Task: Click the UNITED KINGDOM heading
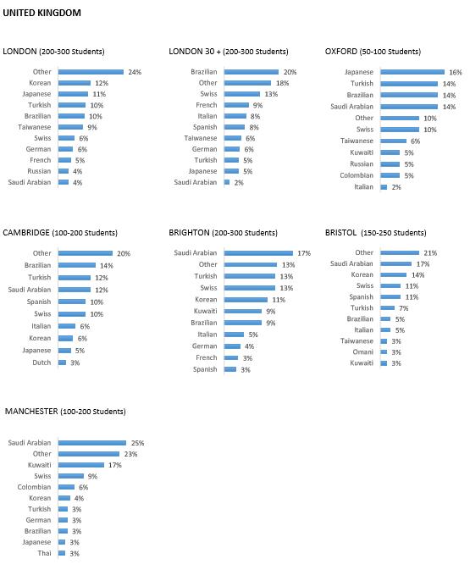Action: tap(41, 13)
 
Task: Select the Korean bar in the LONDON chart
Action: tap(75, 83)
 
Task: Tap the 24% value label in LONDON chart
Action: tap(135, 72)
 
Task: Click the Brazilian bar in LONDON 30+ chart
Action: tap(252, 72)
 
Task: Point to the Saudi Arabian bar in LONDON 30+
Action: tap(227, 182)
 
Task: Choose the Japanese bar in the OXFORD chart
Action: tap(412, 72)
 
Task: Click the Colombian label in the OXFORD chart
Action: tap(357, 175)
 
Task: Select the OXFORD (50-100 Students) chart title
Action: tap(373, 52)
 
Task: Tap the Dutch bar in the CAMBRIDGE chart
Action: tap(62, 362)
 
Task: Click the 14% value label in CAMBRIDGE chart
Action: tap(107, 266)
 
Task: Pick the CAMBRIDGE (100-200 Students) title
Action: tap(60, 233)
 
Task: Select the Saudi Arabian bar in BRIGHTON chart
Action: tap(258, 253)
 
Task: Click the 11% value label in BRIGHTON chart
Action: tap(279, 300)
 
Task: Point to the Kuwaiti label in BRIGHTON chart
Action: tap(206, 311)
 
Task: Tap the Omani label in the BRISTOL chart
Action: tap(362, 351)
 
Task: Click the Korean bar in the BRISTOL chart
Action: tap(394, 274)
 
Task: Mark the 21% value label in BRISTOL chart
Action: tap(430, 253)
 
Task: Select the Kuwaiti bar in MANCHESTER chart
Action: tap(81, 465)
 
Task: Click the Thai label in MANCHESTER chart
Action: tap(44, 553)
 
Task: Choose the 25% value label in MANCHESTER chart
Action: tap(138, 443)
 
